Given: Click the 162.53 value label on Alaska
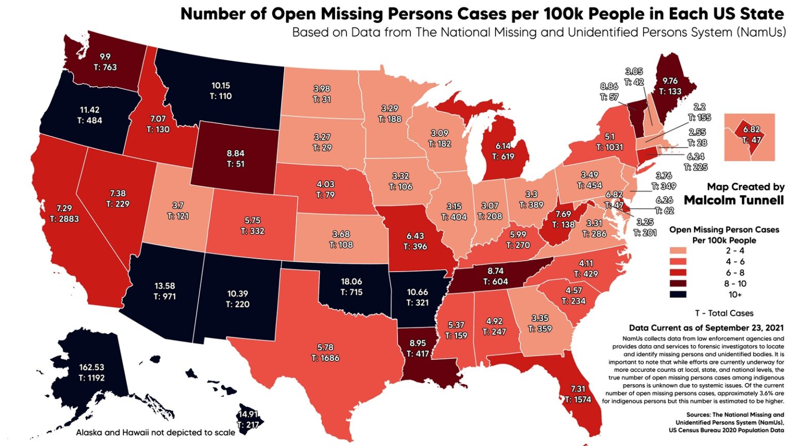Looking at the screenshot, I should (x=91, y=367).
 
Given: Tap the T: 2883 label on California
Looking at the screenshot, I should (x=64, y=219).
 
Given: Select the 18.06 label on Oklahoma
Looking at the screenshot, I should (x=351, y=281).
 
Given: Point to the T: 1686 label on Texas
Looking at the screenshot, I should (x=325, y=358).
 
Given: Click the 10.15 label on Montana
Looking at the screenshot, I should (x=221, y=86).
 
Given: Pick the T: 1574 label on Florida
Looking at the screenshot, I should (x=577, y=400).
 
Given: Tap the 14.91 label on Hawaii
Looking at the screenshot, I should (x=247, y=414).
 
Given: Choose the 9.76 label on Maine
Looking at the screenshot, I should (x=670, y=81).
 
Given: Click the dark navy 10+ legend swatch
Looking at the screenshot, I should (x=678, y=294).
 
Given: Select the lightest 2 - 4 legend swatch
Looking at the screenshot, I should (x=678, y=251).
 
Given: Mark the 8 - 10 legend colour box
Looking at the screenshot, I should (x=678, y=283).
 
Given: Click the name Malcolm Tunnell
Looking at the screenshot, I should (x=734, y=200).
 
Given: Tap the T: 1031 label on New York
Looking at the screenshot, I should (x=609, y=147).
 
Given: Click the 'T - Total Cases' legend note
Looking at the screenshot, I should (x=724, y=313).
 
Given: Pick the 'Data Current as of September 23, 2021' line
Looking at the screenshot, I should (x=706, y=328).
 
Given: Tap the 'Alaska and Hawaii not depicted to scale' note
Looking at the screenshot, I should (x=156, y=433).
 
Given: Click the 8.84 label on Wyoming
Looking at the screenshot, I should (x=235, y=153).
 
